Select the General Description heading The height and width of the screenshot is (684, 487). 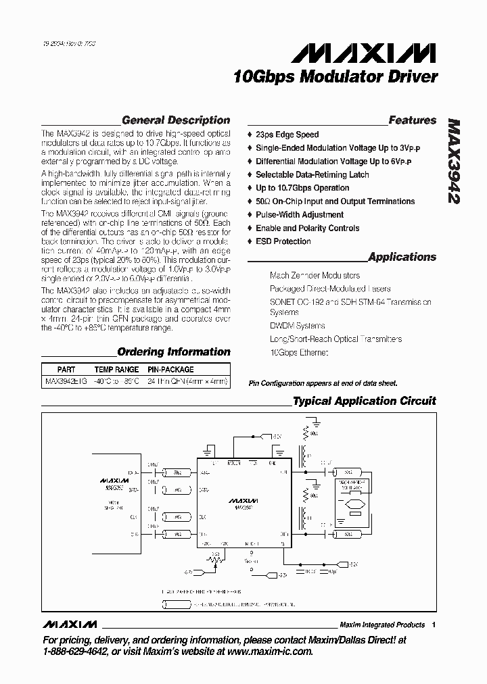176,120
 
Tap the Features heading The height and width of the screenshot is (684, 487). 412,120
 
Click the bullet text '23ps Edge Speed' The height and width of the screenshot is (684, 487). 287,135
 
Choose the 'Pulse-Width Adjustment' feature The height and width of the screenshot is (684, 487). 300,214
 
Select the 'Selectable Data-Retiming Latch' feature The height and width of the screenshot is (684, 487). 312,174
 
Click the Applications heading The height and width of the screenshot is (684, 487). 402,257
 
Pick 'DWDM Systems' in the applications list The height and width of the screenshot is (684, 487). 297,326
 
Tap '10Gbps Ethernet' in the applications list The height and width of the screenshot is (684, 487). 299,353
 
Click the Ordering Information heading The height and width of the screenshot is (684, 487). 174,351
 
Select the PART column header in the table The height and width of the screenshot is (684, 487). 66,370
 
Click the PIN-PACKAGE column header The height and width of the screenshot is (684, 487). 171,370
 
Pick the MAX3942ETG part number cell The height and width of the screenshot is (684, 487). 66,381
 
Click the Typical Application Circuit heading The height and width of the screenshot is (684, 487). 364,401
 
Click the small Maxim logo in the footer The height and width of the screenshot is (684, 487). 69,624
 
